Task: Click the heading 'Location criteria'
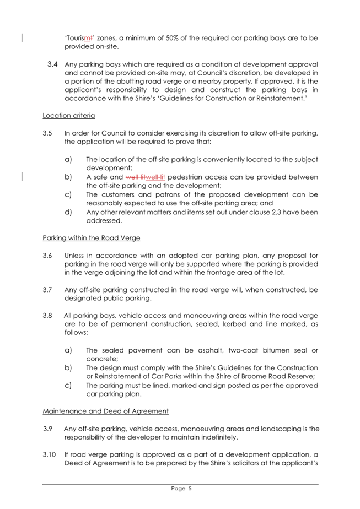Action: pos(68,116)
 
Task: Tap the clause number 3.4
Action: pos(53,65)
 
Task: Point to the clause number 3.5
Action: pos(48,133)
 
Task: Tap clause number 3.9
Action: pos(48,429)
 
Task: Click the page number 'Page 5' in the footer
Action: pos(180,488)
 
